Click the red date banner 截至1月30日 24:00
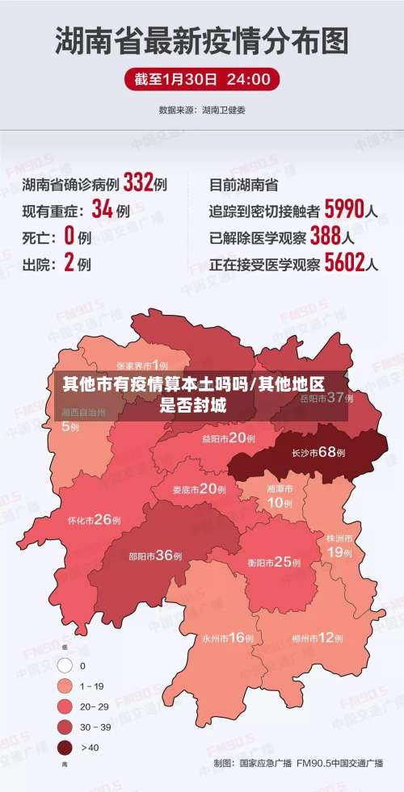[x=202, y=79]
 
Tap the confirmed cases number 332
[x=138, y=183]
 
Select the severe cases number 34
[x=102, y=210]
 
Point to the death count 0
[x=69, y=237]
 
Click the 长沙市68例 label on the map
[x=318, y=453]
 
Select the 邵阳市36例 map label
[x=155, y=555]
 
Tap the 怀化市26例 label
[x=95, y=520]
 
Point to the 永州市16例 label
[x=228, y=638]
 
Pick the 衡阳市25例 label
[x=270, y=562]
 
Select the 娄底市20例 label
[x=199, y=489]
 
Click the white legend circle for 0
[x=65, y=666]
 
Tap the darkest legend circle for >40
[x=65, y=748]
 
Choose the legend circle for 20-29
[x=65, y=706]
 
